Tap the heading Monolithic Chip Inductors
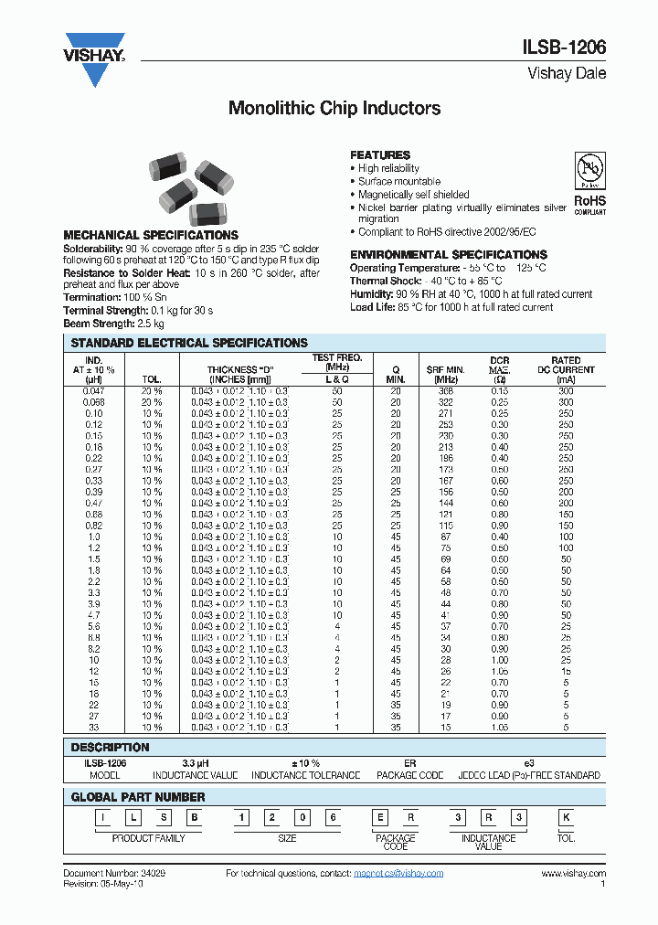(x=334, y=109)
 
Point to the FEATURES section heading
(x=380, y=155)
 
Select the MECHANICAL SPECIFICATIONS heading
(x=150, y=235)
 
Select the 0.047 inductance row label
(x=94, y=391)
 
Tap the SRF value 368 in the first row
(x=445, y=391)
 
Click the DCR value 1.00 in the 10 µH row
(x=499, y=660)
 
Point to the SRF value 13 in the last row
(x=445, y=728)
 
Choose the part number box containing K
(x=566, y=815)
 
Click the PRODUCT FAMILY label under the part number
(x=148, y=838)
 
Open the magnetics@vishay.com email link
(x=398, y=874)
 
